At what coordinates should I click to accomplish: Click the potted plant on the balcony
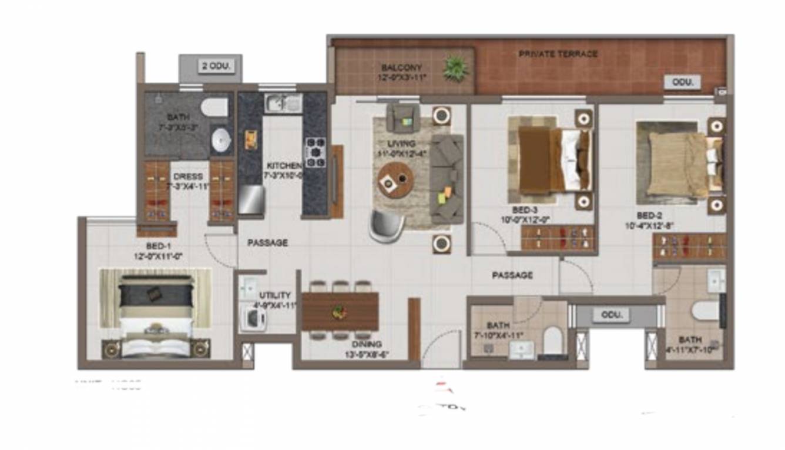455,68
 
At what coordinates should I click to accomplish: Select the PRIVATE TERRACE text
558,54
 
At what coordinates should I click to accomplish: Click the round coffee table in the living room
395,179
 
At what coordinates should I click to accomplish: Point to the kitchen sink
283,104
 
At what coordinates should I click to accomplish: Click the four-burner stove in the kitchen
315,152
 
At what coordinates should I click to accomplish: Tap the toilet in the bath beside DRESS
214,107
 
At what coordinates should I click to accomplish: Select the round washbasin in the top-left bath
222,140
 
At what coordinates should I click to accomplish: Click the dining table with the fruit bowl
340,311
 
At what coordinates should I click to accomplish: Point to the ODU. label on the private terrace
683,82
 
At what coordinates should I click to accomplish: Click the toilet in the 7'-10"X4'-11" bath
552,341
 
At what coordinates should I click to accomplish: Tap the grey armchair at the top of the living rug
403,118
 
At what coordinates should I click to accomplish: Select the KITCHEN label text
284,166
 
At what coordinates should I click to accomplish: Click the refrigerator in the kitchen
251,199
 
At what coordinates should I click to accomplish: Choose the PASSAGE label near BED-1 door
267,242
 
